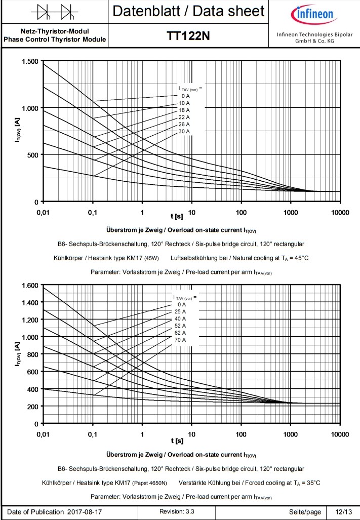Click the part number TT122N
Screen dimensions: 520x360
pyautogui.click(x=188, y=36)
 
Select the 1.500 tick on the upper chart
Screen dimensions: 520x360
pyautogui.click(x=30, y=61)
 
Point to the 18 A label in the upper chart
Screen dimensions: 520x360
pyautogui.click(x=184, y=110)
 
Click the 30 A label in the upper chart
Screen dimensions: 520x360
pyautogui.click(x=184, y=131)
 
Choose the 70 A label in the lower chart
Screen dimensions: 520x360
pyautogui.click(x=180, y=340)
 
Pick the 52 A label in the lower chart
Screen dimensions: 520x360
pyautogui.click(x=180, y=326)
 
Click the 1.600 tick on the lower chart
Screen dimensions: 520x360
pyautogui.click(x=30, y=285)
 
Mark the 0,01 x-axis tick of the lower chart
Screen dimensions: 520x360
pyautogui.click(x=43, y=434)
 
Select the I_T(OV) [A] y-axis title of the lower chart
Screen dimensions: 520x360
pyautogui.click(x=17, y=354)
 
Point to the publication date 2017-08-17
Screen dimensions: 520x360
pyautogui.click(x=84, y=512)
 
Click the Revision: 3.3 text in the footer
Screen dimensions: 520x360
pyautogui.click(x=177, y=512)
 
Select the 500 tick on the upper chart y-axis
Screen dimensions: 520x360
pyautogui.click(x=32, y=154)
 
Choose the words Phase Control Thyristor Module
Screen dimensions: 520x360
pyautogui.click(x=55, y=39)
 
